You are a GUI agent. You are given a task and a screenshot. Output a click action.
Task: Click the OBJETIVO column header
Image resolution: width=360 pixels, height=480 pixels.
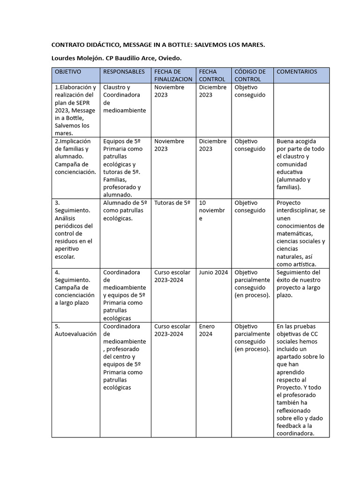click(68, 72)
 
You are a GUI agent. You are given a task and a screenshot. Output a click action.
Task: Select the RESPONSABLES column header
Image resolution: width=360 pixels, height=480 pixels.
click(124, 72)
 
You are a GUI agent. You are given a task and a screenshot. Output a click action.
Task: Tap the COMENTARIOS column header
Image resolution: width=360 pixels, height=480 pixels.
click(297, 72)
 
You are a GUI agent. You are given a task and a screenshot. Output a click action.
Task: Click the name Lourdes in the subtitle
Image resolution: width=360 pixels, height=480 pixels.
click(65, 58)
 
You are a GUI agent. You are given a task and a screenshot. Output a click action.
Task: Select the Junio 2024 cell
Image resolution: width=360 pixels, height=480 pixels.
click(213, 272)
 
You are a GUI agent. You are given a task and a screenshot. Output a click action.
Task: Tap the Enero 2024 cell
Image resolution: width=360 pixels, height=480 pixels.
click(207, 330)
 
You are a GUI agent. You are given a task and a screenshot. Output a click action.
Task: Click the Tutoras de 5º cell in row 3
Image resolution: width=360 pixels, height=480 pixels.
click(172, 203)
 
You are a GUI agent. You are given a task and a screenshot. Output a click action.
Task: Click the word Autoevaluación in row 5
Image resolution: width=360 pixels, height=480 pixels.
click(76, 334)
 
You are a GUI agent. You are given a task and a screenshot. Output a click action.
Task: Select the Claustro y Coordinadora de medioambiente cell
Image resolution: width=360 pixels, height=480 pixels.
click(124, 98)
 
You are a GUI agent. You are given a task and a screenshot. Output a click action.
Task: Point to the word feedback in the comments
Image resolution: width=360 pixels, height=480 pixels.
click(289, 426)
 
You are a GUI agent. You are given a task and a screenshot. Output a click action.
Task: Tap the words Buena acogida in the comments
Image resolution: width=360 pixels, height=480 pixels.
click(296, 141)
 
